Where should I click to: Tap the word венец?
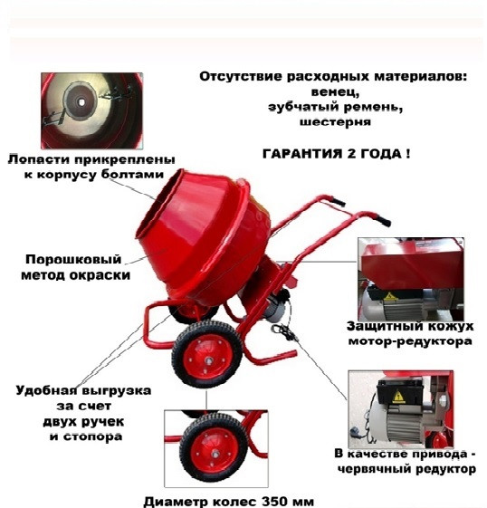point(334,91)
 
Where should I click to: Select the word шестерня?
point(334,120)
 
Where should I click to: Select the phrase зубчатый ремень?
point(334,106)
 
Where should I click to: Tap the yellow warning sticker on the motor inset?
point(396,396)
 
